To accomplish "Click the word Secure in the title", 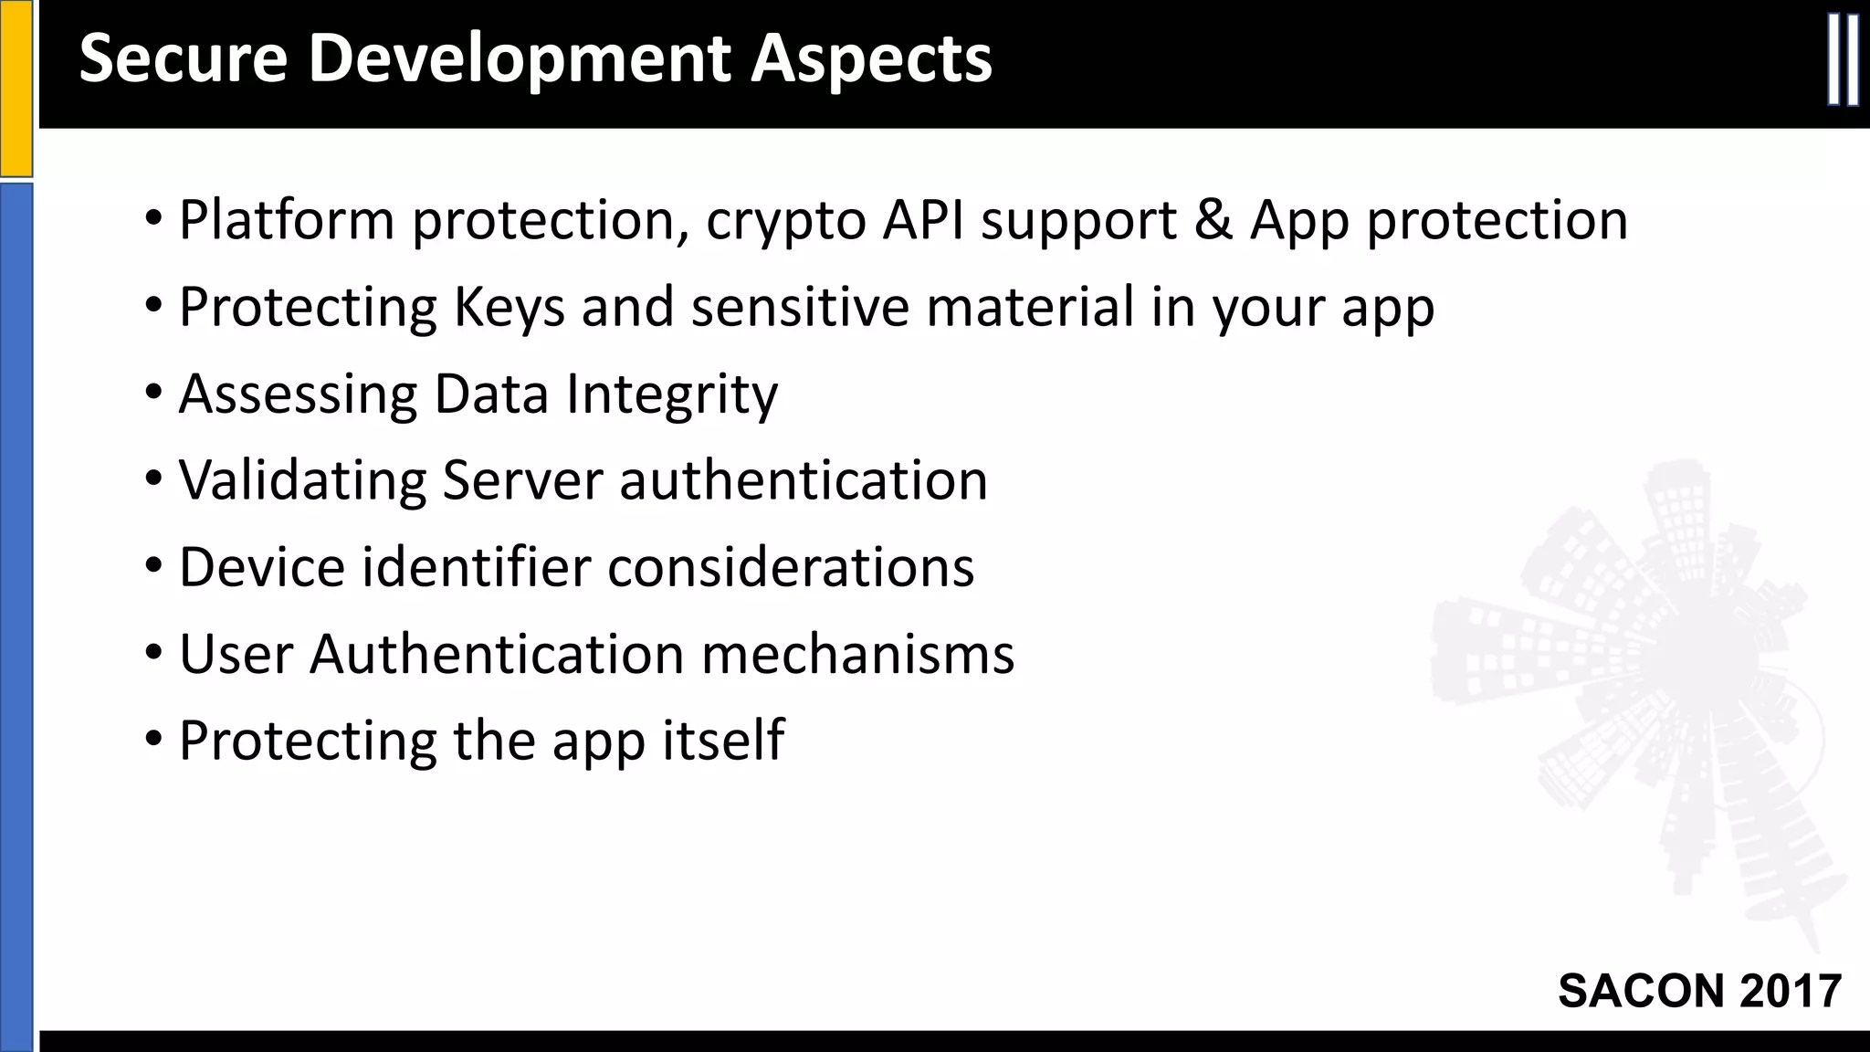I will tap(183, 59).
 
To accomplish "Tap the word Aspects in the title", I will tap(871, 59).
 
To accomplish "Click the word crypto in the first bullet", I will tap(786, 222).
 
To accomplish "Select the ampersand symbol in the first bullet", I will tap(1213, 220).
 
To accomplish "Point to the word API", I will tap(924, 220).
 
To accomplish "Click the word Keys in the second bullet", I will tap(510, 308).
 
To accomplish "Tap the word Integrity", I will tap(672, 394).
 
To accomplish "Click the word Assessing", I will tap(298, 394).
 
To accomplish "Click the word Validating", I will tap(302, 480).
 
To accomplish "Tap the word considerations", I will tap(791, 567).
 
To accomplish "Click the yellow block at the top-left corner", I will tap(16, 87).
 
